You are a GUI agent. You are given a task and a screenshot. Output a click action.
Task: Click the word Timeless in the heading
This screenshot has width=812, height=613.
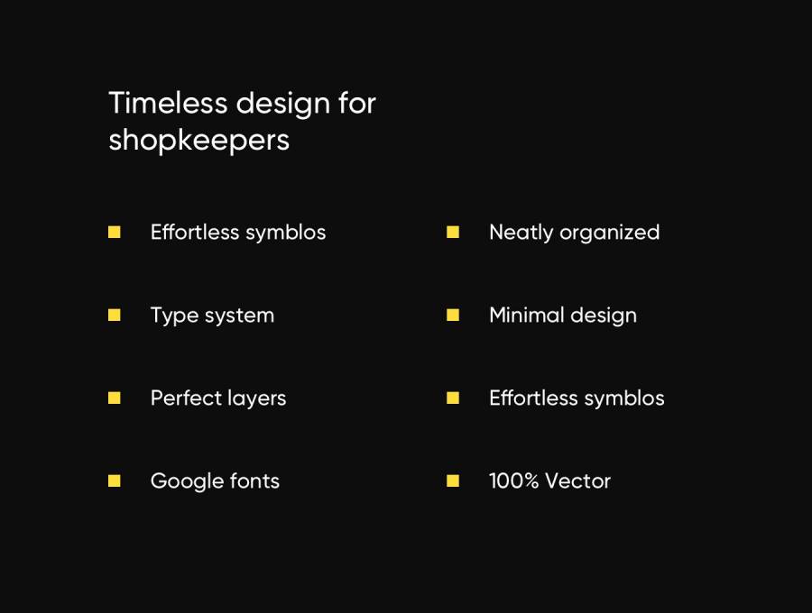[x=168, y=103]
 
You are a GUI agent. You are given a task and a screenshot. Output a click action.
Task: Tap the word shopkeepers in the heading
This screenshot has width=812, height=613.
[x=198, y=141]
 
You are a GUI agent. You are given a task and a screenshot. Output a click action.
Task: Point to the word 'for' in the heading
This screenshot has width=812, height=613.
[x=356, y=103]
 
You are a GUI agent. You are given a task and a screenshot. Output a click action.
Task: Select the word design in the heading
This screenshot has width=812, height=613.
[x=282, y=104]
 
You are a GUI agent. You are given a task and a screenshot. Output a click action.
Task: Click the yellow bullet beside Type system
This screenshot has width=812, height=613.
[x=114, y=315]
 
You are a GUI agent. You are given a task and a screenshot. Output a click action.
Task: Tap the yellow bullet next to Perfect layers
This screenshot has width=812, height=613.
[x=114, y=398]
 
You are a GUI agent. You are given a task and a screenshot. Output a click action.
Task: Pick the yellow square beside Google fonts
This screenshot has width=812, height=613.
[x=114, y=480]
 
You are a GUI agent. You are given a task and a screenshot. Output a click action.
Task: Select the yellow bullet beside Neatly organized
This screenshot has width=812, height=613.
[x=453, y=232]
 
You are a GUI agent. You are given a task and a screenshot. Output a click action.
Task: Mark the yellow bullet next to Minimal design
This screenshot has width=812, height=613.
[x=453, y=315]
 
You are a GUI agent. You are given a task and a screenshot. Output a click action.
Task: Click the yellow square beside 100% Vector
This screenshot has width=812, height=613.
[x=453, y=480]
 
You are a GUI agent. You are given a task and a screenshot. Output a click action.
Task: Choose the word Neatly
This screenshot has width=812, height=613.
[x=521, y=233]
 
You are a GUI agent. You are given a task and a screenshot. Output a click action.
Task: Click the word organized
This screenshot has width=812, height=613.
[x=610, y=233]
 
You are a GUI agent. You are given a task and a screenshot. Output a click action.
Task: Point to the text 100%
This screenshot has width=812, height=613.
[x=513, y=481]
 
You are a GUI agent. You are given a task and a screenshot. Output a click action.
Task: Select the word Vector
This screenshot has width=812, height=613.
[x=578, y=481]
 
